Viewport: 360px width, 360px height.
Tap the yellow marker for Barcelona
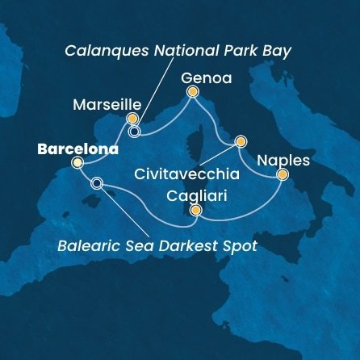(77, 163)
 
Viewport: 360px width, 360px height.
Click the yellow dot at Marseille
(132, 118)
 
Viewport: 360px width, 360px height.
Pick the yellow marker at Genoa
(192, 92)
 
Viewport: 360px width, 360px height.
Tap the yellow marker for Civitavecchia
(240, 142)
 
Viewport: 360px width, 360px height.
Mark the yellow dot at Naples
(282, 174)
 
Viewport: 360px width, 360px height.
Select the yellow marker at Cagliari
(195, 210)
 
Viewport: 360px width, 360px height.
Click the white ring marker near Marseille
(134, 131)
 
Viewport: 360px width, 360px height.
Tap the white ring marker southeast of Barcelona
(98, 183)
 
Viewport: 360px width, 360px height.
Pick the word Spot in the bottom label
(240, 245)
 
